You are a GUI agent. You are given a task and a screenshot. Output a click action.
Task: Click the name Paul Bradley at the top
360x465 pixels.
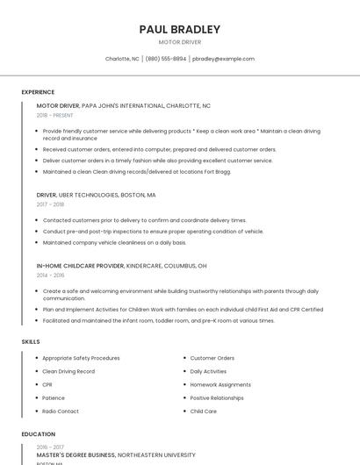(x=180, y=29)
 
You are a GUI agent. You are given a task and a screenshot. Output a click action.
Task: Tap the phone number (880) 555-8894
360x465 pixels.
(x=166, y=59)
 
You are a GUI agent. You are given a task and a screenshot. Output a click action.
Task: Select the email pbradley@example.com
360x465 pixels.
(x=223, y=59)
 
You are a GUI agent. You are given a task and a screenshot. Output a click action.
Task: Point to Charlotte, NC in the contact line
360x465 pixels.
(x=122, y=59)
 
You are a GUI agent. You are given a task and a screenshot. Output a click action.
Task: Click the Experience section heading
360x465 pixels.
(x=38, y=92)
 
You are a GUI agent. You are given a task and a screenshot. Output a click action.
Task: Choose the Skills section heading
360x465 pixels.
(x=31, y=340)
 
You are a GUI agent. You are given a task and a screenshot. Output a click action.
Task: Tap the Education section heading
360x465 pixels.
(x=38, y=433)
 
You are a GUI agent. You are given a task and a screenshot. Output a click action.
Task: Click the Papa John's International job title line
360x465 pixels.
(x=123, y=105)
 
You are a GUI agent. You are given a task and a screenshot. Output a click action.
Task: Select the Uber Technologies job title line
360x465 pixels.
(x=96, y=195)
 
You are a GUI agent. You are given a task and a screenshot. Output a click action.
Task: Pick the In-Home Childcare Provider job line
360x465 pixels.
(x=121, y=265)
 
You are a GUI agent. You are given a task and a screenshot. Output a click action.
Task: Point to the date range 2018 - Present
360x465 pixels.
(x=55, y=115)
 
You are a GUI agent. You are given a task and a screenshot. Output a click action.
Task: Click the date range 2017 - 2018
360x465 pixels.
(x=50, y=204)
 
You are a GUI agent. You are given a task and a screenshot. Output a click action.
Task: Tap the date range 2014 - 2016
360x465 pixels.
(x=50, y=275)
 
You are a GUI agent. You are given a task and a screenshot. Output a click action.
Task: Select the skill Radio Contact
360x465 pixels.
(x=61, y=411)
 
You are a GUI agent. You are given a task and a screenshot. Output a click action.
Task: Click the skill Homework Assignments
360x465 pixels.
(x=220, y=384)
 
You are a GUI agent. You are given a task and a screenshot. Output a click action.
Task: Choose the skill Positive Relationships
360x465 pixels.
(x=217, y=397)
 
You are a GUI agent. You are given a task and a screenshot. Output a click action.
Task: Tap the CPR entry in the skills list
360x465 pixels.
(x=47, y=384)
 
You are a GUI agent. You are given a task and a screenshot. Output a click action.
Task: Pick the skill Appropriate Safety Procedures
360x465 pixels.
(x=81, y=358)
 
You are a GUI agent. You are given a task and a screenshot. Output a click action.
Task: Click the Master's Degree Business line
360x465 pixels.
(x=116, y=455)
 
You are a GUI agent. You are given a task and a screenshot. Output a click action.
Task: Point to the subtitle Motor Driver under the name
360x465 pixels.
(x=180, y=42)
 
